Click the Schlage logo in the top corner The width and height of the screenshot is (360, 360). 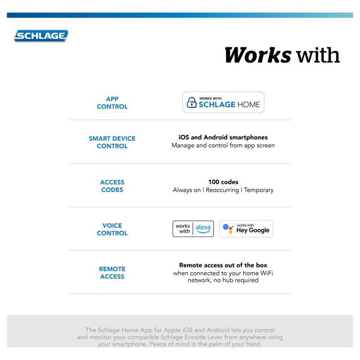pyautogui.click(x=41, y=36)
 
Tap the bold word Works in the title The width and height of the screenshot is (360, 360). pyautogui.click(x=257, y=55)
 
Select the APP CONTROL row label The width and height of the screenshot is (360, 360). pyautogui.click(x=112, y=103)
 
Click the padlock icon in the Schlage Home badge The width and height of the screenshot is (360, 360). pyautogui.click(x=192, y=103)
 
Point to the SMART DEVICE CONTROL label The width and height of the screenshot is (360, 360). pyautogui.click(x=112, y=142)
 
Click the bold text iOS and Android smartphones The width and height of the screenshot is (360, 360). pyautogui.click(x=223, y=137)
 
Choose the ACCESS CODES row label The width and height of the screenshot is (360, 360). pyautogui.click(x=112, y=186)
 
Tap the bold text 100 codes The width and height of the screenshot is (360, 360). pyautogui.click(x=223, y=182)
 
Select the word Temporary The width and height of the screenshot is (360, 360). pyautogui.click(x=259, y=190)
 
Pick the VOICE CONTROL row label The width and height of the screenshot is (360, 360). pyautogui.click(x=112, y=229)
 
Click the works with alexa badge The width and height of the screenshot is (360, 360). pyautogui.click(x=193, y=229)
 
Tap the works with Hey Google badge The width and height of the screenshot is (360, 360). pyautogui.click(x=246, y=229)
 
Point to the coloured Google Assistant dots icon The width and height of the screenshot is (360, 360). pyautogui.click(x=228, y=229)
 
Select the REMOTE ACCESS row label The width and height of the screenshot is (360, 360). pyautogui.click(x=112, y=273)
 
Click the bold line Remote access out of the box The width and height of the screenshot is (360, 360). pyautogui.click(x=223, y=265)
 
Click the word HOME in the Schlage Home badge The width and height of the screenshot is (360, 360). pyautogui.click(x=249, y=104)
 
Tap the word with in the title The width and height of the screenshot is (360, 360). pyautogui.click(x=318, y=55)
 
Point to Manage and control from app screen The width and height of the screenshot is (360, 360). pyautogui.click(x=223, y=145)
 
